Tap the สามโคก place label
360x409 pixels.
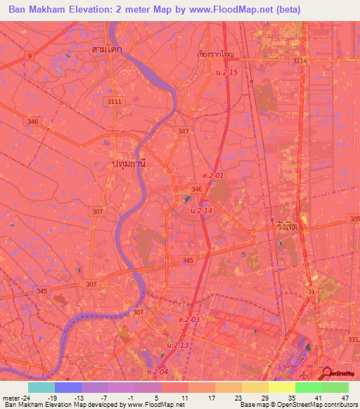[107, 50]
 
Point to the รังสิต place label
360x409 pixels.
[285, 228]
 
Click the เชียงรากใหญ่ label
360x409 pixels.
[215, 53]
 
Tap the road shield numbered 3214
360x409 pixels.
[301, 61]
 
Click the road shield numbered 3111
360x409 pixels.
[115, 102]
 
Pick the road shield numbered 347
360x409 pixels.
[184, 131]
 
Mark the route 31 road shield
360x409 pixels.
[311, 292]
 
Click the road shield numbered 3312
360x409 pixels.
[353, 340]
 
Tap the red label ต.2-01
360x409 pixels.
[213, 175]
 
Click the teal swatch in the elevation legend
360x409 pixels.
[41, 387]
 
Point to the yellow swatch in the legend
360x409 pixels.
[282, 387]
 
